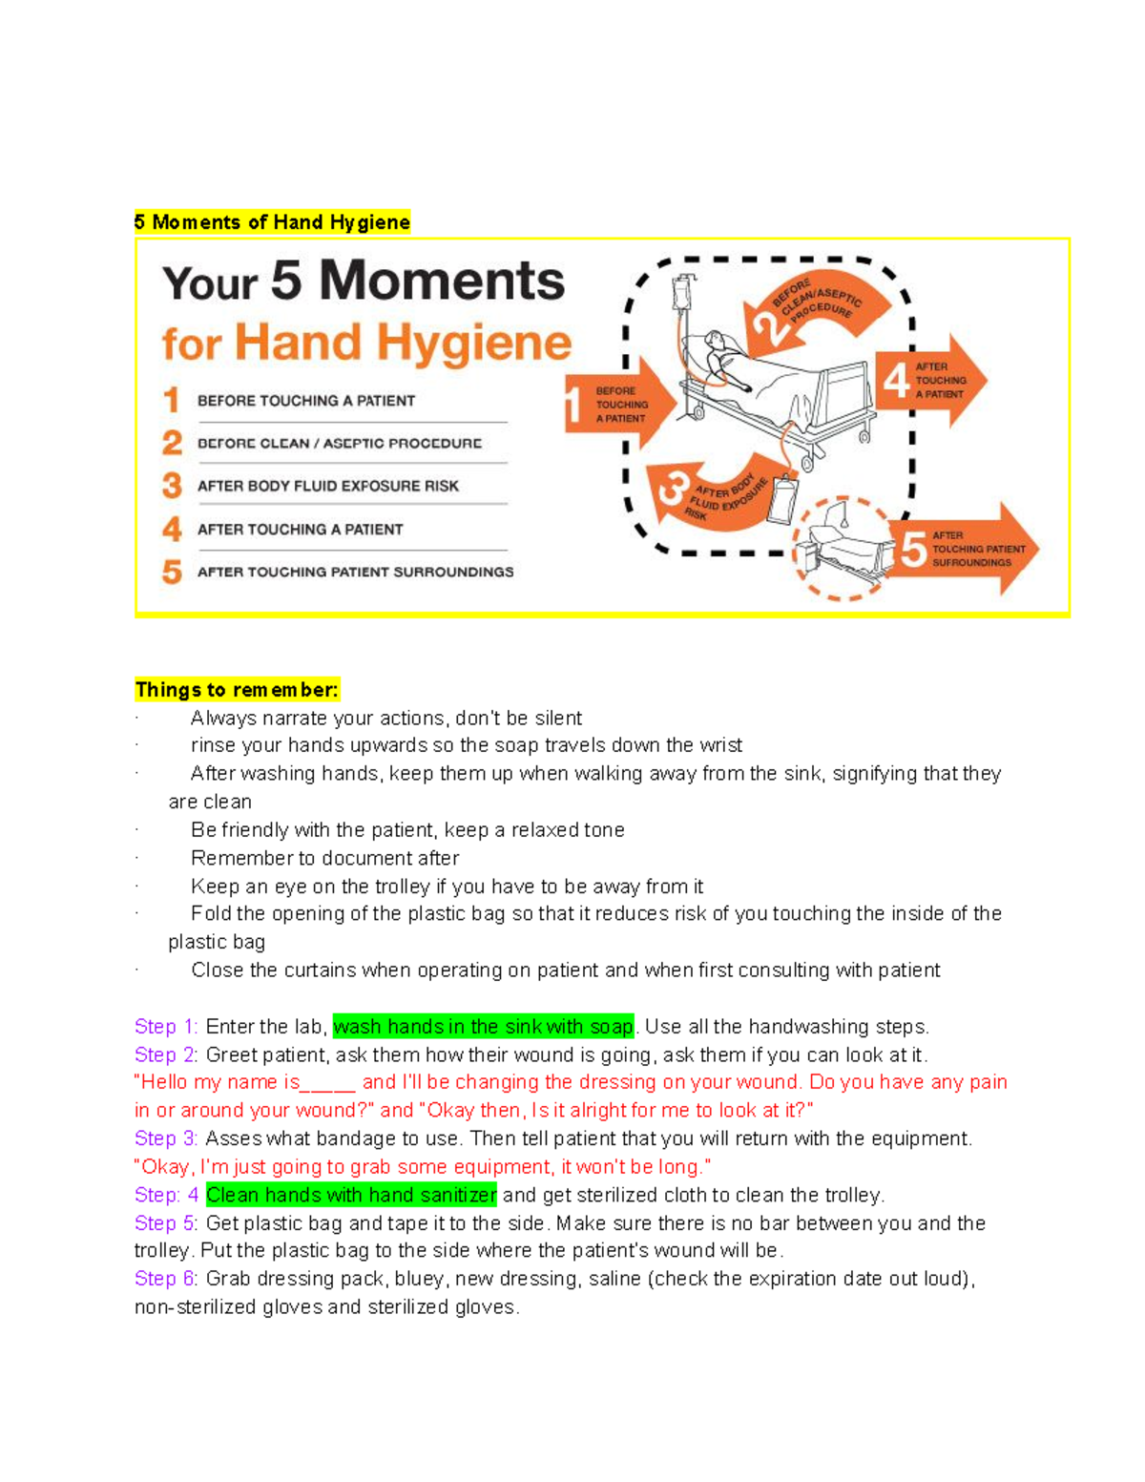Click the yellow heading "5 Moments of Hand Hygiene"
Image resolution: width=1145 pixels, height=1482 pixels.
click(272, 222)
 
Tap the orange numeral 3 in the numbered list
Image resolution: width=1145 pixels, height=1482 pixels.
click(172, 486)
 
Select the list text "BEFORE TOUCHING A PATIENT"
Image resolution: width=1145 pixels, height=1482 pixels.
click(305, 401)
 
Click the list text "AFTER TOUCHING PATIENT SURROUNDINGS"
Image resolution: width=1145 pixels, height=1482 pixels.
click(355, 572)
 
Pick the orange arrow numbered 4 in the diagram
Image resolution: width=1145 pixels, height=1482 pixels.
click(930, 380)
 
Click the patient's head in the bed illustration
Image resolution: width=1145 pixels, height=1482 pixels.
click(715, 341)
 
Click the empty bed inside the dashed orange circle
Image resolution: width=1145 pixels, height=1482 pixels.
click(844, 549)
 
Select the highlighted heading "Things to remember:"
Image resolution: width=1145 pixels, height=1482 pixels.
click(237, 690)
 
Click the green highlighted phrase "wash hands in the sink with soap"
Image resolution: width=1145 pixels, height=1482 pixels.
click(483, 1027)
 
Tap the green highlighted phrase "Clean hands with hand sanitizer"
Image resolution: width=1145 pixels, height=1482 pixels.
click(351, 1195)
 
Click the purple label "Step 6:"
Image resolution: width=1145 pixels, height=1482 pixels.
click(166, 1279)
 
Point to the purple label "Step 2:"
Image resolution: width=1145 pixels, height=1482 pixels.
click(166, 1054)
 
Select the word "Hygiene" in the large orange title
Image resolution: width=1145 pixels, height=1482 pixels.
click(473, 344)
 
